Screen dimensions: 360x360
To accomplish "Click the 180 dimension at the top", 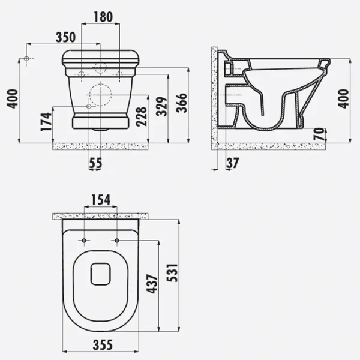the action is click(103, 17).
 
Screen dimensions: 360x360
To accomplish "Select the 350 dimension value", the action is click(65, 37).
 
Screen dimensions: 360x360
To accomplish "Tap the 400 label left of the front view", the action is click(13, 99).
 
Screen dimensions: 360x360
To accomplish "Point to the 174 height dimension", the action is click(46, 122).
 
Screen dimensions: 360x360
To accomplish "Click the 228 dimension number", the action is click(141, 116).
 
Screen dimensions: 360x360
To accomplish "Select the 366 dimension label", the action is click(182, 103).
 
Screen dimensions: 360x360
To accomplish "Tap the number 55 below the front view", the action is click(95, 163).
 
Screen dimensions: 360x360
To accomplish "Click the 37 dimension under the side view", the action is click(233, 163).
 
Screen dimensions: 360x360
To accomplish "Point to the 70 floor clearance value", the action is click(320, 134).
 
